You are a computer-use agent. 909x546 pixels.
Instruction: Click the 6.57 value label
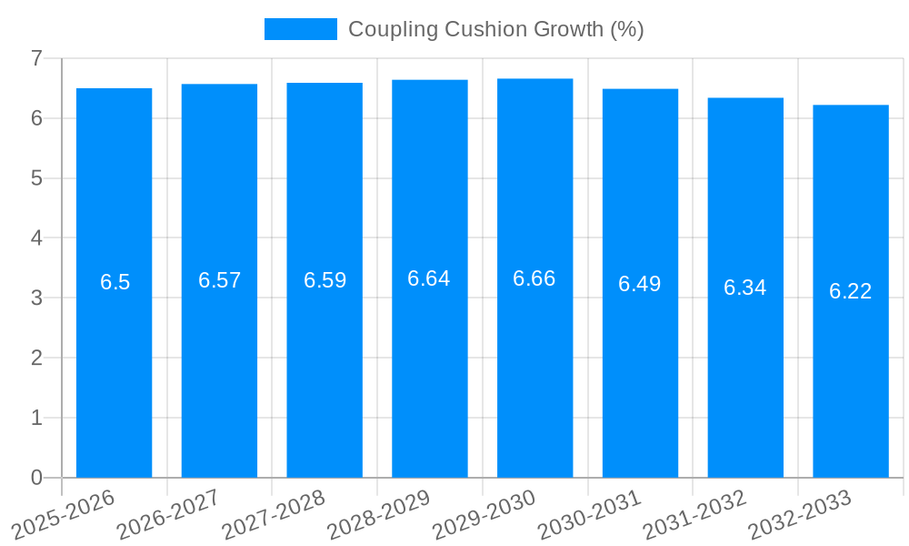220,280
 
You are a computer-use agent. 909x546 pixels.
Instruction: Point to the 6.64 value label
429,278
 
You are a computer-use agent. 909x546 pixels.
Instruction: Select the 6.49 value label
640,284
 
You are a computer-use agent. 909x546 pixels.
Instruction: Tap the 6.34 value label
745,288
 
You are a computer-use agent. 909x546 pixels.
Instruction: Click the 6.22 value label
851,291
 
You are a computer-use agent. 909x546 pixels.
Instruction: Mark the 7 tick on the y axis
36,58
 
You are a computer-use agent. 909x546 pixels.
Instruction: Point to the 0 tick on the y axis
36,478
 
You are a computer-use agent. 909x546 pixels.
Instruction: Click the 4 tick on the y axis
36,238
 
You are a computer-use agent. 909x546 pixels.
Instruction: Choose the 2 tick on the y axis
36,358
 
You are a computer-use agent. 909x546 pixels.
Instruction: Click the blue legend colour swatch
300,29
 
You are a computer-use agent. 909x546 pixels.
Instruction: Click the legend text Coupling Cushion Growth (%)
496,29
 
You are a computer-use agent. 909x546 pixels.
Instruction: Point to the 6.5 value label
115,282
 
